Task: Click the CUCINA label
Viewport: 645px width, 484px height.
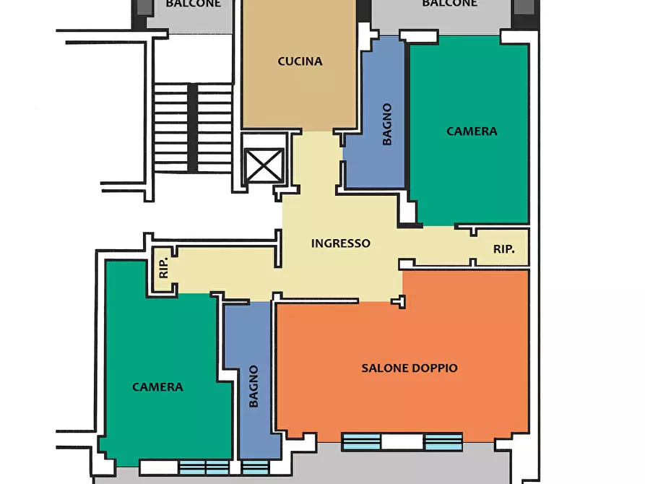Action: (x=300, y=61)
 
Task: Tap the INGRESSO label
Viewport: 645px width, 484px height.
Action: (x=340, y=243)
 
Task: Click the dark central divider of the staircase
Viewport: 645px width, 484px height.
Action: (x=193, y=127)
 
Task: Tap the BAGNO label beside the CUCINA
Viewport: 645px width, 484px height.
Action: (x=387, y=124)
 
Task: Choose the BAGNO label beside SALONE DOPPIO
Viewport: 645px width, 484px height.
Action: (x=254, y=386)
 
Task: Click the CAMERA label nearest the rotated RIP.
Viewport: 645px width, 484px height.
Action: (x=157, y=387)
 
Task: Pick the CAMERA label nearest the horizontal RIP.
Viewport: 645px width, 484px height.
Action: (x=472, y=131)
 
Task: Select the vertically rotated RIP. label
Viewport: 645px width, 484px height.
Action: (x=164, y=268)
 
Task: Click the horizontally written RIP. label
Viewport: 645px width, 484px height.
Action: (x=504, y=249)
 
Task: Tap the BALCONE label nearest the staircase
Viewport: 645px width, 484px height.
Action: (x=193, y=4)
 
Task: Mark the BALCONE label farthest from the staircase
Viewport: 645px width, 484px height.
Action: (x=449, y=4)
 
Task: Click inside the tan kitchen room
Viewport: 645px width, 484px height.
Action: (x=299, y=94)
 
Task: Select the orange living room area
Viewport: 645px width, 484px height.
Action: (x=404, y=405)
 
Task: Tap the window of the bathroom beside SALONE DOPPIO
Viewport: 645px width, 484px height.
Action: (x=255, y=467)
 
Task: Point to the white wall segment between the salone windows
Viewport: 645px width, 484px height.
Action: (x=402, y=442)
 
